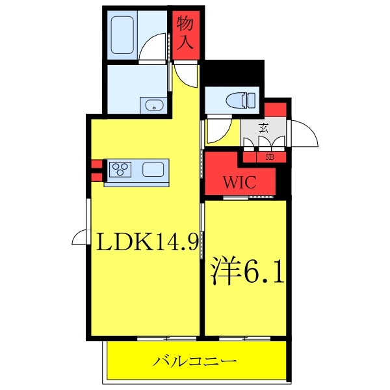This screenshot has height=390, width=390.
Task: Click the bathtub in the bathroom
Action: tap(122, 35)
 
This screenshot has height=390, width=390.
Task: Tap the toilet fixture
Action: tap(240, 100)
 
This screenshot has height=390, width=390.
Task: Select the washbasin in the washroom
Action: tap(153, 105)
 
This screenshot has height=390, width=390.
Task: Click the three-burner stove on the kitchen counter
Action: tap(120, 170)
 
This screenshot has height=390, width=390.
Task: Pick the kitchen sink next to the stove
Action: tap(153, 170)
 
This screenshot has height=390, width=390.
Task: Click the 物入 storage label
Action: tap(185, 32)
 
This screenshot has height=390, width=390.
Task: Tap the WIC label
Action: tap(239, 182)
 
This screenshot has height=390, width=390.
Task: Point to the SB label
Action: tap(270, 157)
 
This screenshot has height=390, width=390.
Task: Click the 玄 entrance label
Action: tap(263, 128)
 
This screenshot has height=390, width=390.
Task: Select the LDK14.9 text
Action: tap(147, 242)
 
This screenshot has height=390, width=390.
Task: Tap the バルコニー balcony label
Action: tap(194, 361)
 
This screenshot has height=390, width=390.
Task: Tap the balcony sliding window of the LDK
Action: tap(166, 338)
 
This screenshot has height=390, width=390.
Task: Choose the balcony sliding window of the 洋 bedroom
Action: tap(245, 338)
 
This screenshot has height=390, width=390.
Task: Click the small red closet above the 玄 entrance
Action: tap(275, 109)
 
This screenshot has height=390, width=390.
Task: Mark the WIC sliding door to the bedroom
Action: tap(248, 198)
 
